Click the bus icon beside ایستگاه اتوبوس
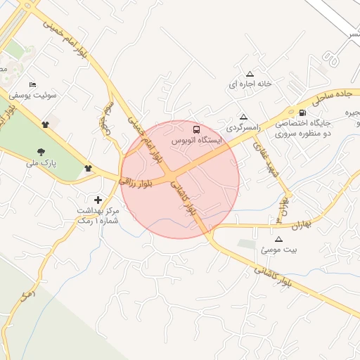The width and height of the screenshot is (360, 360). pos(196,129)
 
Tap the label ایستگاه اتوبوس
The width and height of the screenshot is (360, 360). pos(197,141)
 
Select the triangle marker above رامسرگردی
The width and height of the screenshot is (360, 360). pos(243,117)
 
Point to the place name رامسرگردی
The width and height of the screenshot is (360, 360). pos(243,128)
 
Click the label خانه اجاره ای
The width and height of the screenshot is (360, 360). pos(249,84)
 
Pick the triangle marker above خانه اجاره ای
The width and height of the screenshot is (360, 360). pos(249,73)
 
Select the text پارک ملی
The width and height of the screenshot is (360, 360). pos(41,162)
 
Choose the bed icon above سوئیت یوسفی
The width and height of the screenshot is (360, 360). pos(32,84)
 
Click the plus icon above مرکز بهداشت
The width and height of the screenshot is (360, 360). pos(97,200)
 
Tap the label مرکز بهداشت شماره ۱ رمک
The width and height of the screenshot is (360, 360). pos(98,216)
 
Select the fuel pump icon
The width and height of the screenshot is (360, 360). pos(302,112)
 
